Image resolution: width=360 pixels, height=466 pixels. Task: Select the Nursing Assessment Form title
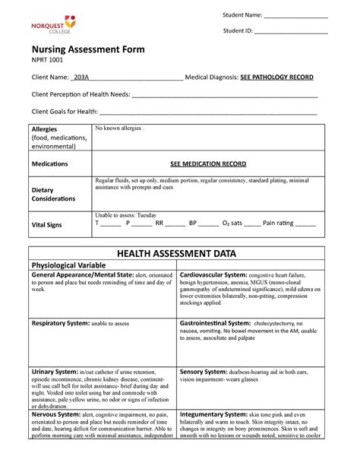[87, 49]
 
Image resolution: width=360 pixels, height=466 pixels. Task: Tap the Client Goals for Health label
[64, 112]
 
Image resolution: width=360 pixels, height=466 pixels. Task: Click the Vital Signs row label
[48, 226]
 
